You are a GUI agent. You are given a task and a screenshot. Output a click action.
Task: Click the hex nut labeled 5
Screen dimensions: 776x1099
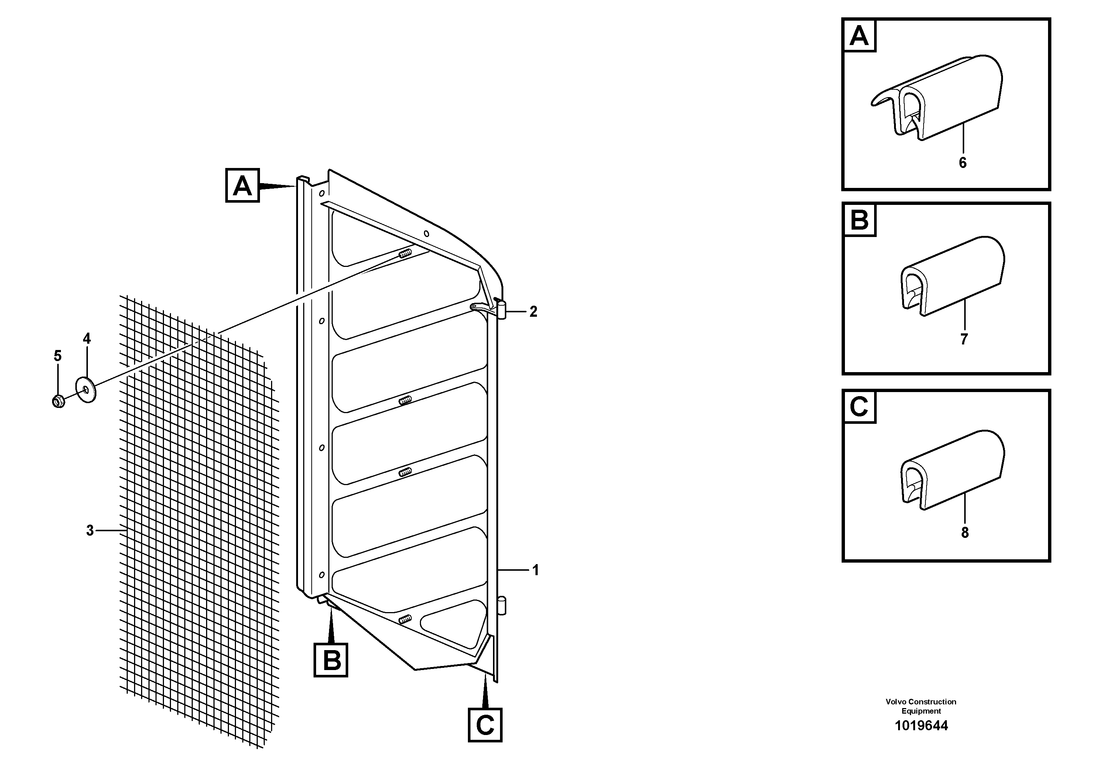point(58,401)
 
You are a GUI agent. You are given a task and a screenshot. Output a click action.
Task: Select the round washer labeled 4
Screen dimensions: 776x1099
point(86,390)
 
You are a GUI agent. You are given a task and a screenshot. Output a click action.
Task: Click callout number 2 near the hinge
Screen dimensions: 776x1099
point(533,312)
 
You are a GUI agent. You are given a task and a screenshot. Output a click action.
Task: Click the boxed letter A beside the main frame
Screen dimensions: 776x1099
point(242,185)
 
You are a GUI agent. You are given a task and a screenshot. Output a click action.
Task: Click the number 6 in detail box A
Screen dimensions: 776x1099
point(963,163)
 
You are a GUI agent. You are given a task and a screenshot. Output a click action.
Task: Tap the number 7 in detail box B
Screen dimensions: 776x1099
point(964,339)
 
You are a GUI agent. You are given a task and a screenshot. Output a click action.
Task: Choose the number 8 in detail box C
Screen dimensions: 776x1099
point(965,532)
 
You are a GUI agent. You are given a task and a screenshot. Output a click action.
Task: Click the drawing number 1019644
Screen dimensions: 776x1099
point(921,726)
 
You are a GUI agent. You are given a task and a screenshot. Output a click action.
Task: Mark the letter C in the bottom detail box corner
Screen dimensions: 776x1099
point(859,407)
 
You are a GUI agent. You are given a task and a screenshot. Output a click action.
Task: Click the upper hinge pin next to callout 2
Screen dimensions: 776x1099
point(501,309)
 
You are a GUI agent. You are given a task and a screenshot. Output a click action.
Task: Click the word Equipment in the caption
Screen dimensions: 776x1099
point(921,711)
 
